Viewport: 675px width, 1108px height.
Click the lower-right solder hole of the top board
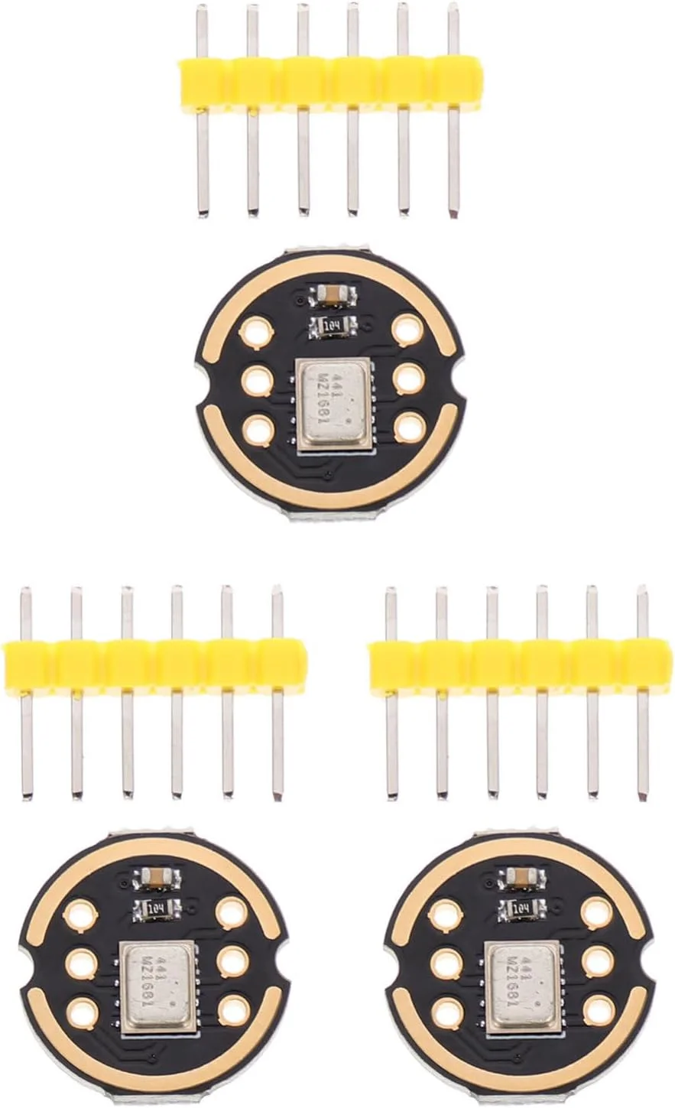tap(410, 427)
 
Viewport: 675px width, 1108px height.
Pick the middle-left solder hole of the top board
tap(257, 380)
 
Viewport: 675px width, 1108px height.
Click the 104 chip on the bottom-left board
tap(157, 909)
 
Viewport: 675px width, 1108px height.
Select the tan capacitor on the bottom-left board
tap(157, 878)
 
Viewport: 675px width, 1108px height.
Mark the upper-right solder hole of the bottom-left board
tap(232, 912)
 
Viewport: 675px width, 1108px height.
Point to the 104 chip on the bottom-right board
tap(522, 909)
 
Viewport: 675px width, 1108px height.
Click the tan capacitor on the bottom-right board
tap(522, 878)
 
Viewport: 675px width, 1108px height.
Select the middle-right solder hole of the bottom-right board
tap(599, 962)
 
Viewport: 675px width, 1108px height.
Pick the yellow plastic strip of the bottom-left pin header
tap(155, 665)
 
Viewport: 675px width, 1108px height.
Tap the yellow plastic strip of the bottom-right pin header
tap(521, 665)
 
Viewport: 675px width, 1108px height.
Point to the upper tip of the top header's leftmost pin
tap(202, 9)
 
